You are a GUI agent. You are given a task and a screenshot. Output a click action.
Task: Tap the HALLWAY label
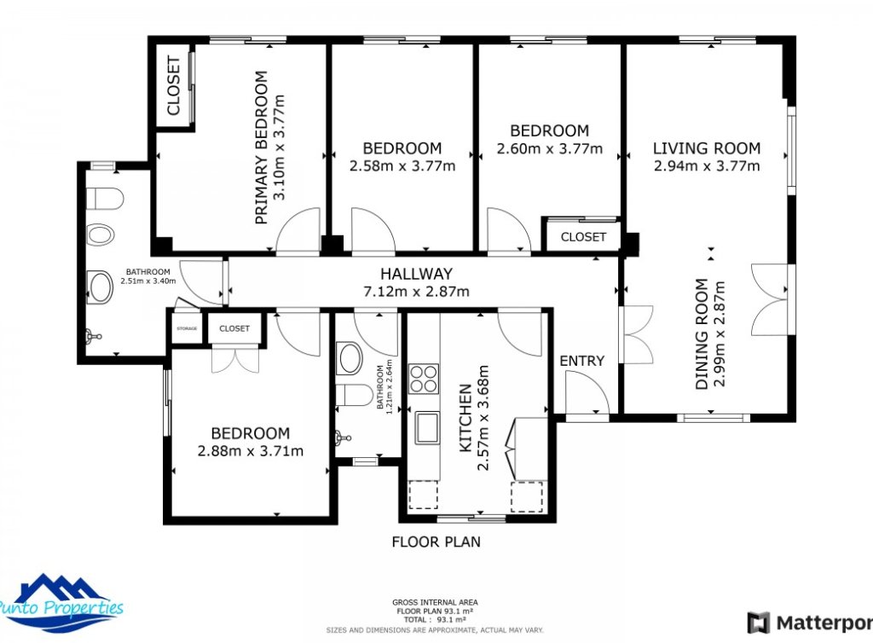(416, 274)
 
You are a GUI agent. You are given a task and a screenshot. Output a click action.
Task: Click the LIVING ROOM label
(707, 148)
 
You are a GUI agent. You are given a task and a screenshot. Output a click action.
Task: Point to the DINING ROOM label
(701, 334)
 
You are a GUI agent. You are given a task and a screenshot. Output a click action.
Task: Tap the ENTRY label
(581, 361)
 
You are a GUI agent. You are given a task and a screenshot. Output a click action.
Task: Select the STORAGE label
(187, 328)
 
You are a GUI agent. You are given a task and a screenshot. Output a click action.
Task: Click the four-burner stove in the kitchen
(424, 378)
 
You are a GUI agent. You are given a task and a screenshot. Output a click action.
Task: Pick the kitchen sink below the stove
(426, 427)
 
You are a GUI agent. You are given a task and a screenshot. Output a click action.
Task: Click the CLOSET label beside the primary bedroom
(173, 85)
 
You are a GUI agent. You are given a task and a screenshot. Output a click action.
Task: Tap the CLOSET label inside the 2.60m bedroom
(583, 237)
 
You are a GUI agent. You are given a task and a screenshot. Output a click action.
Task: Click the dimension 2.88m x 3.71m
(250, 451)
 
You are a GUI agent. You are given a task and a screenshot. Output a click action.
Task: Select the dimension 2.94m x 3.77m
(707, 166)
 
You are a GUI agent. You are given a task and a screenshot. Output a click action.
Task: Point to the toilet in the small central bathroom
(353, 395)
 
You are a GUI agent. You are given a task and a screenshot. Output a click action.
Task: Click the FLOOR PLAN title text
(436, 542)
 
